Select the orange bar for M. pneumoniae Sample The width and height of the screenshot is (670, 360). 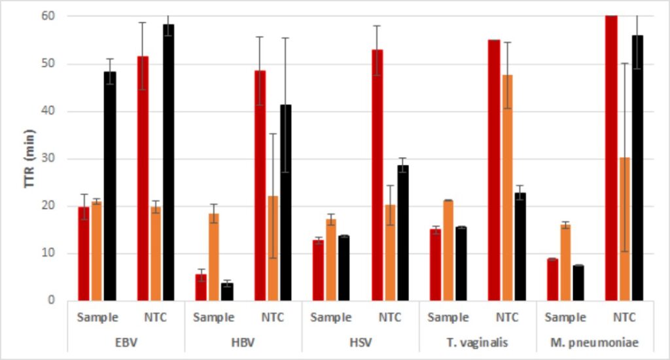[x=565, y=262]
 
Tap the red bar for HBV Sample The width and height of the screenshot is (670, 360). [x=201, y=287]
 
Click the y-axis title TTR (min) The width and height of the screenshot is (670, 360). [x=29, y=158]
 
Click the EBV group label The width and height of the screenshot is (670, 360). [x=127, y=342]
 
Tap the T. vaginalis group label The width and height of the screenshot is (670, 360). [x=477, y=342]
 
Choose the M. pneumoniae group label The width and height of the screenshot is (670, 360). [x=594, y=342]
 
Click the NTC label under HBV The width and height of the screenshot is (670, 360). [x=273, y=318]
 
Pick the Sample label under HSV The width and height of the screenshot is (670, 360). [x=331, y=318]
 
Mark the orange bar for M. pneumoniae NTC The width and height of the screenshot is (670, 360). [x=624, y=228]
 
